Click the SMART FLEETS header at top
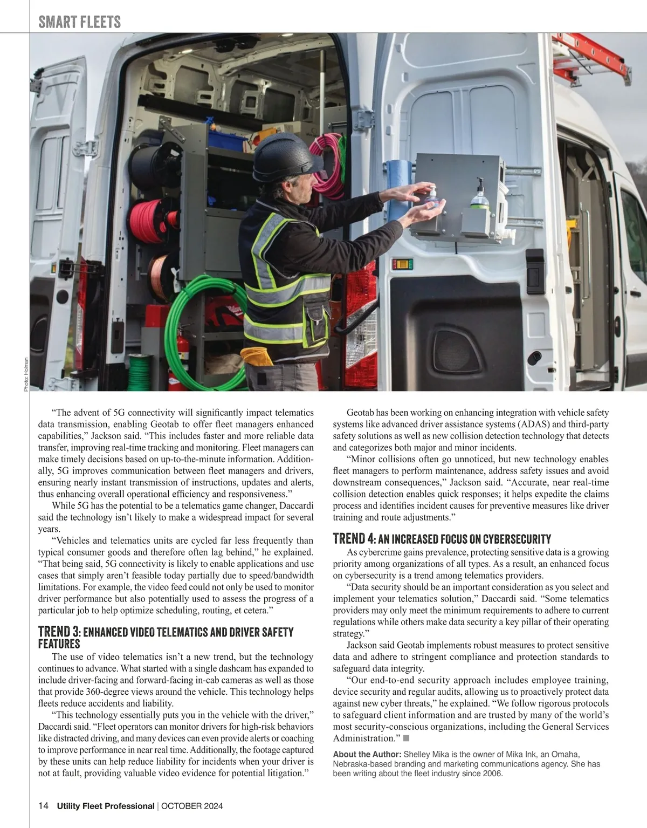tap(79, 22)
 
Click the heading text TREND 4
tap(354, 538)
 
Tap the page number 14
tap(44, 806)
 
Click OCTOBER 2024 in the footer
tap(192, 806)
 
